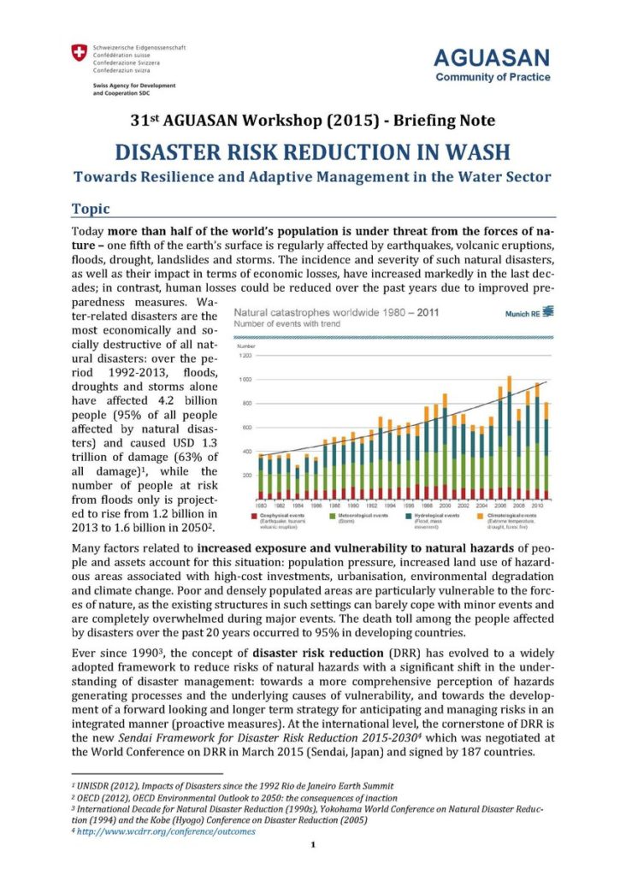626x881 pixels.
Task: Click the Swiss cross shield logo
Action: (80, 54)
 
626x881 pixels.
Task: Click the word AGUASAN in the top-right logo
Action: (492, 58)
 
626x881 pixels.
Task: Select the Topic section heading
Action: (91, 208)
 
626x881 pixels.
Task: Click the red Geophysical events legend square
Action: (255, 516)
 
